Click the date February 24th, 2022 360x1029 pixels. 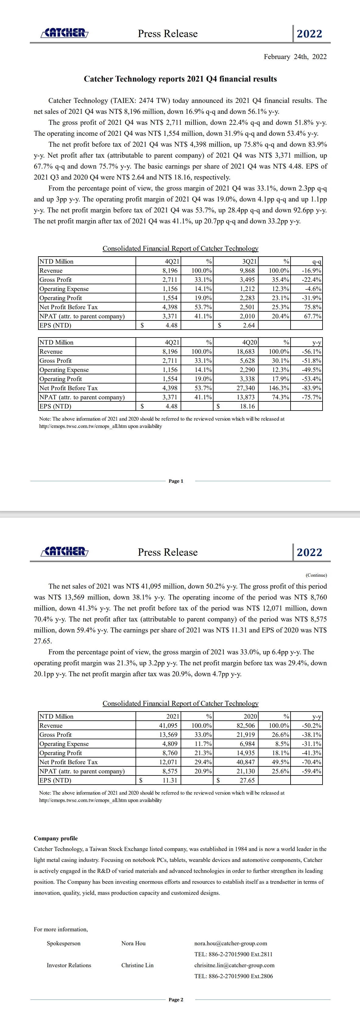[x=295, y=57]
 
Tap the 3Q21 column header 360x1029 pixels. [x=250, y=261]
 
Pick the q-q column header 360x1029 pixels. [x=316, y=262]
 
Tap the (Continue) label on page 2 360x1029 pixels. [x=316, y=575]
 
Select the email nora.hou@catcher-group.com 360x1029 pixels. [x=231, y=943]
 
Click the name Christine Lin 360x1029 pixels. [x=137, y=965]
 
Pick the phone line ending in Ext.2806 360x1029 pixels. [x=233, y=976]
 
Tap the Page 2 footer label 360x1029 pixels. [x=176, y=999]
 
